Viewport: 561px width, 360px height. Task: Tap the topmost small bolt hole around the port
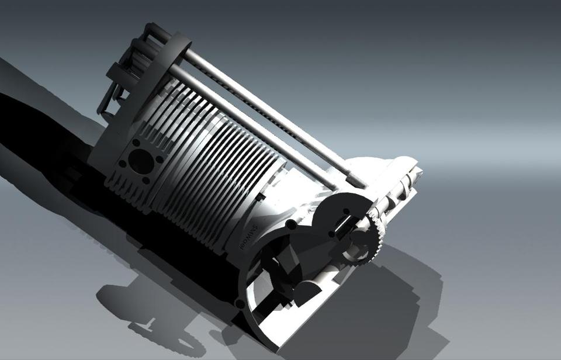click(x=136, y=143)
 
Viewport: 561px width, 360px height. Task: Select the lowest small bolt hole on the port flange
click(x=146, y=180)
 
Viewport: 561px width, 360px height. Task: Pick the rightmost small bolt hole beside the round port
click(x=159, y=158)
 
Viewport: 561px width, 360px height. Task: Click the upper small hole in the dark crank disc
click(x=345, y=213)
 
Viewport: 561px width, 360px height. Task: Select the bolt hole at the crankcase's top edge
click(x=290, y=224)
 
